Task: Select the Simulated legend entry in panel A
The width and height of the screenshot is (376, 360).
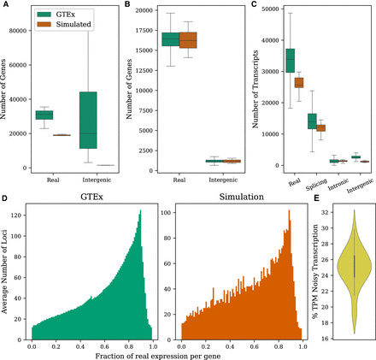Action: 60,26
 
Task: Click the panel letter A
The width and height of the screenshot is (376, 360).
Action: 4,5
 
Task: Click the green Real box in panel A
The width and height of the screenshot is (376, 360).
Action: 44,115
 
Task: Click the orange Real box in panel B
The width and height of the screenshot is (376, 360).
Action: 185,40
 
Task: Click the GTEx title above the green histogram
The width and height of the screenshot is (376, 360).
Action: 89,198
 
